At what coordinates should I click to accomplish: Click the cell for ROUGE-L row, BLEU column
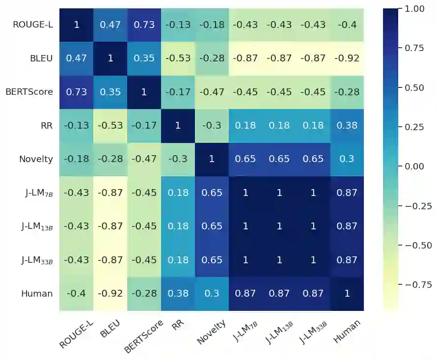click(110, 25)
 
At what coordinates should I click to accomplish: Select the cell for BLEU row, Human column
click(347, 58)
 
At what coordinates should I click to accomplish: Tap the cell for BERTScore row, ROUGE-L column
click(77, 92)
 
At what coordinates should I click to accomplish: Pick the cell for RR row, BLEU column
click(110, 126)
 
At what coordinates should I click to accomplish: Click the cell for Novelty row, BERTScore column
click(144, 159)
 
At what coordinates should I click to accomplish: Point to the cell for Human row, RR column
click(178, 294)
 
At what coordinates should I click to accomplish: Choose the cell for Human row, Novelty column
click(212, 294)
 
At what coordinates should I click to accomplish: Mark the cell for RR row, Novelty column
click(212, 126)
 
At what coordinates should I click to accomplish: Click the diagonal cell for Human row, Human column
click(347, 294)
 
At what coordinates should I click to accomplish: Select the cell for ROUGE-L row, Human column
click(347, 25)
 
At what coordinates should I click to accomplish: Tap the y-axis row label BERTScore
click(29, 92)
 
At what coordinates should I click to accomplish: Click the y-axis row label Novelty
click(36, 159)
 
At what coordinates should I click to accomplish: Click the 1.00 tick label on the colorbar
click(414, 8)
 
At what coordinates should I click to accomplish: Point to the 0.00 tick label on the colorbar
click(414, 166)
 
